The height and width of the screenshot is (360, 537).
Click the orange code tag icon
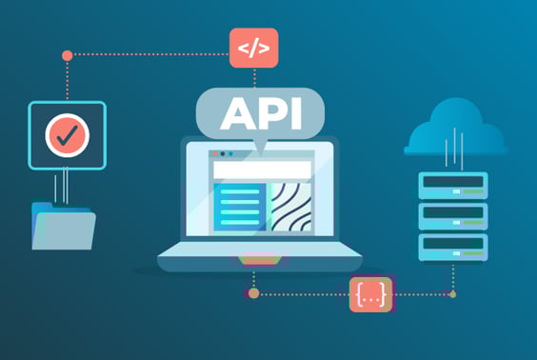click(252, 48)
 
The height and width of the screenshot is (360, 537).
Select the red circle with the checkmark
click(67, 135)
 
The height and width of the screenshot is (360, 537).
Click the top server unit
click(453, 185)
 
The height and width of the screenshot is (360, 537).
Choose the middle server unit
click(453, 216)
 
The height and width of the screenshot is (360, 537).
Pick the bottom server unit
click(453, 247)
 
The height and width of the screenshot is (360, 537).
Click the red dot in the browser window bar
click(215, 153)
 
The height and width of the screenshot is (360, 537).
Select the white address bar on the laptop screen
click(261, 170)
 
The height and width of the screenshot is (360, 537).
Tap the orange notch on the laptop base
click(259, 258)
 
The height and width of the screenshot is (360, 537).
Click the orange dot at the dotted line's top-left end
click(67, 55)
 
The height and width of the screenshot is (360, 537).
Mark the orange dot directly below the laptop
click(253, 293)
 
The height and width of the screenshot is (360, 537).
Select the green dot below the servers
click(452, 294)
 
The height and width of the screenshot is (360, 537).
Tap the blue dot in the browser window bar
click(232, 153)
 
